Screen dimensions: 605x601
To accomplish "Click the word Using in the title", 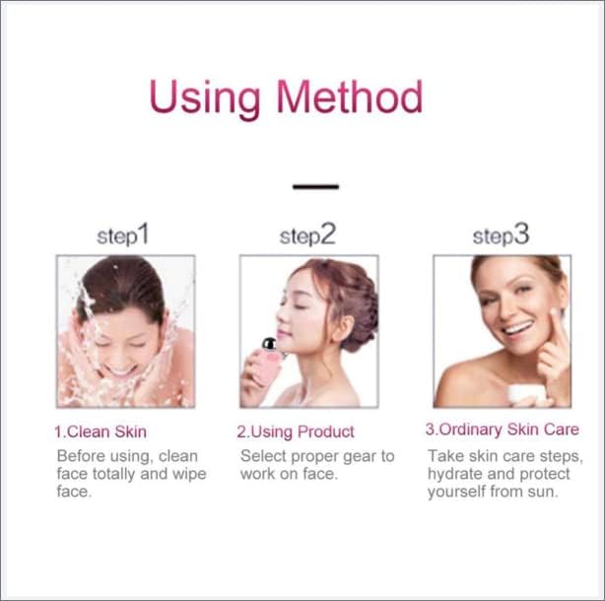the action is pos(205,99).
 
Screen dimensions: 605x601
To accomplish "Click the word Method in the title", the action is pos(350,97).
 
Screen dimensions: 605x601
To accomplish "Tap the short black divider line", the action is pos(315,186).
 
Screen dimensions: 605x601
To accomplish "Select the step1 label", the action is pos(123,234).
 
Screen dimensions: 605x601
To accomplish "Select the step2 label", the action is pos(307,234).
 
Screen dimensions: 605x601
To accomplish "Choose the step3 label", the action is pos(501,234).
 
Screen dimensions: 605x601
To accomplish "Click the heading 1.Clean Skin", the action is pos(101,432).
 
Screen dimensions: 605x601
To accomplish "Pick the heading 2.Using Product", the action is pos(296,432).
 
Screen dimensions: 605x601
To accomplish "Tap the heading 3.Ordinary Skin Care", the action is pos(502,430).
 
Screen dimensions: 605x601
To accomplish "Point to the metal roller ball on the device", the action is pos(269,343).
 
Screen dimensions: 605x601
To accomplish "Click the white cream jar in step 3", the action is pos(526,394).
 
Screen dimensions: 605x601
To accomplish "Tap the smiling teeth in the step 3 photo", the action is pos(518,329).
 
